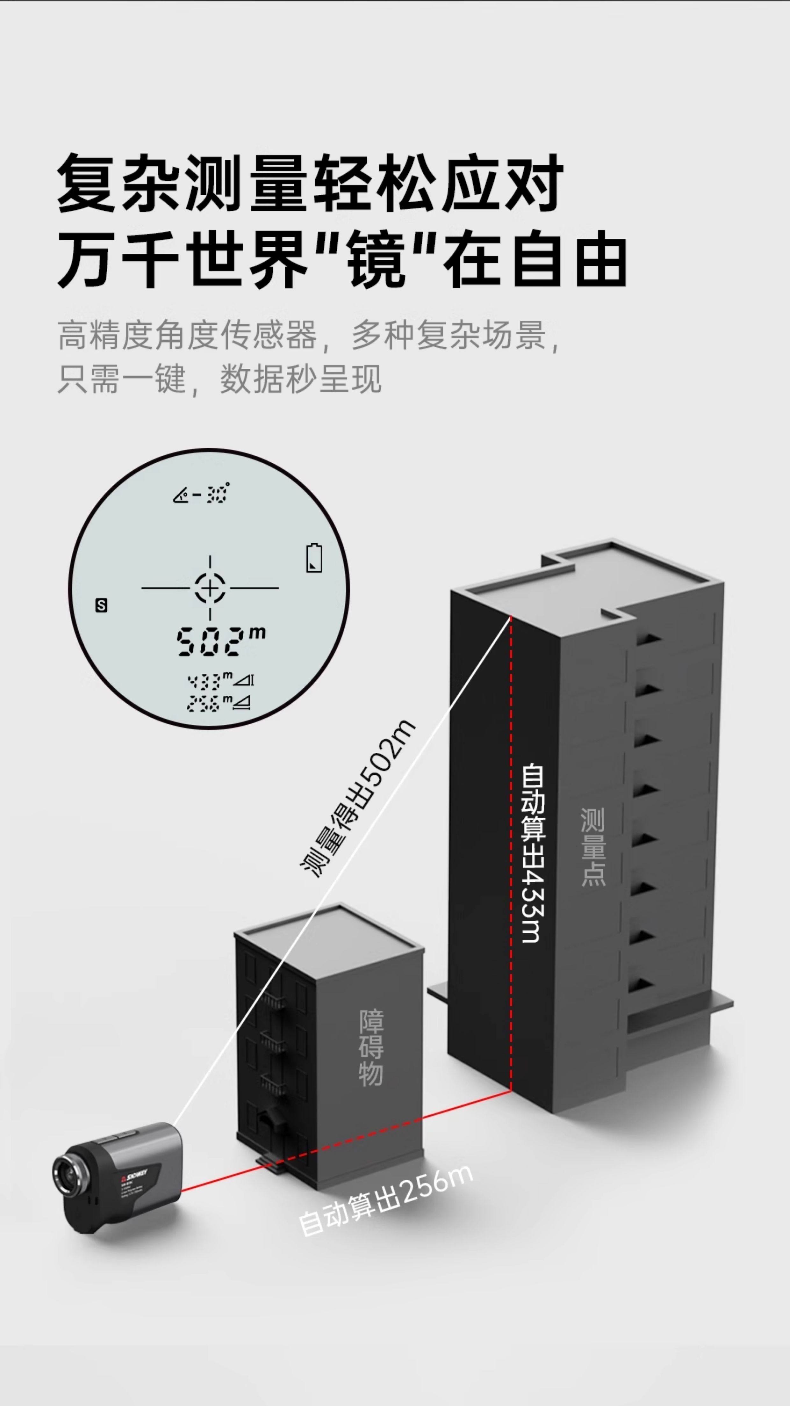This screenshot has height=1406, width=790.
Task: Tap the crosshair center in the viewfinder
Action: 210,588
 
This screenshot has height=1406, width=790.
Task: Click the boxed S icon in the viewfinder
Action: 101,605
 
